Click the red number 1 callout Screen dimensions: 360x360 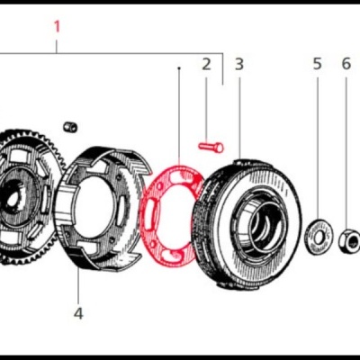[58, 26]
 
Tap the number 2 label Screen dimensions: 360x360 [206, 64]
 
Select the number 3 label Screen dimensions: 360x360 [238, 64]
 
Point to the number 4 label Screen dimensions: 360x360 [78, 313]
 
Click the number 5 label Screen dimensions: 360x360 [317, 64]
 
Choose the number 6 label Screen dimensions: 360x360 [346, 64]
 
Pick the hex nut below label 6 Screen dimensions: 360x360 [347, 239]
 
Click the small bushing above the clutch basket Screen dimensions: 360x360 [70, 123]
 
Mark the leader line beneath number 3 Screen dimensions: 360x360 [239, 112]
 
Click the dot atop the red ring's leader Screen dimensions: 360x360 [179, 67]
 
